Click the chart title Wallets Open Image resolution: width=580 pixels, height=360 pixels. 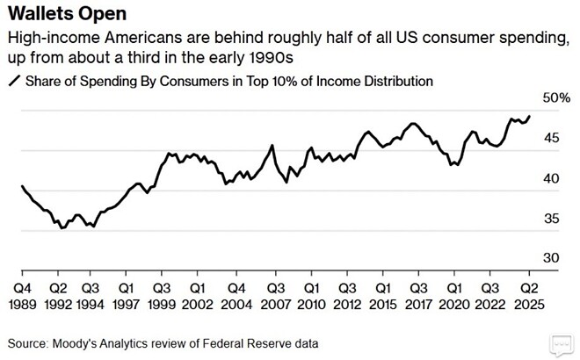point(62,16)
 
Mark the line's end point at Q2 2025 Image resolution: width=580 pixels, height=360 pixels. point(530,116)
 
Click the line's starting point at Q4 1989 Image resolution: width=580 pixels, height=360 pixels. point(21,186)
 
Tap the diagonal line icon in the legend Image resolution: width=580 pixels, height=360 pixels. point(13,82)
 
